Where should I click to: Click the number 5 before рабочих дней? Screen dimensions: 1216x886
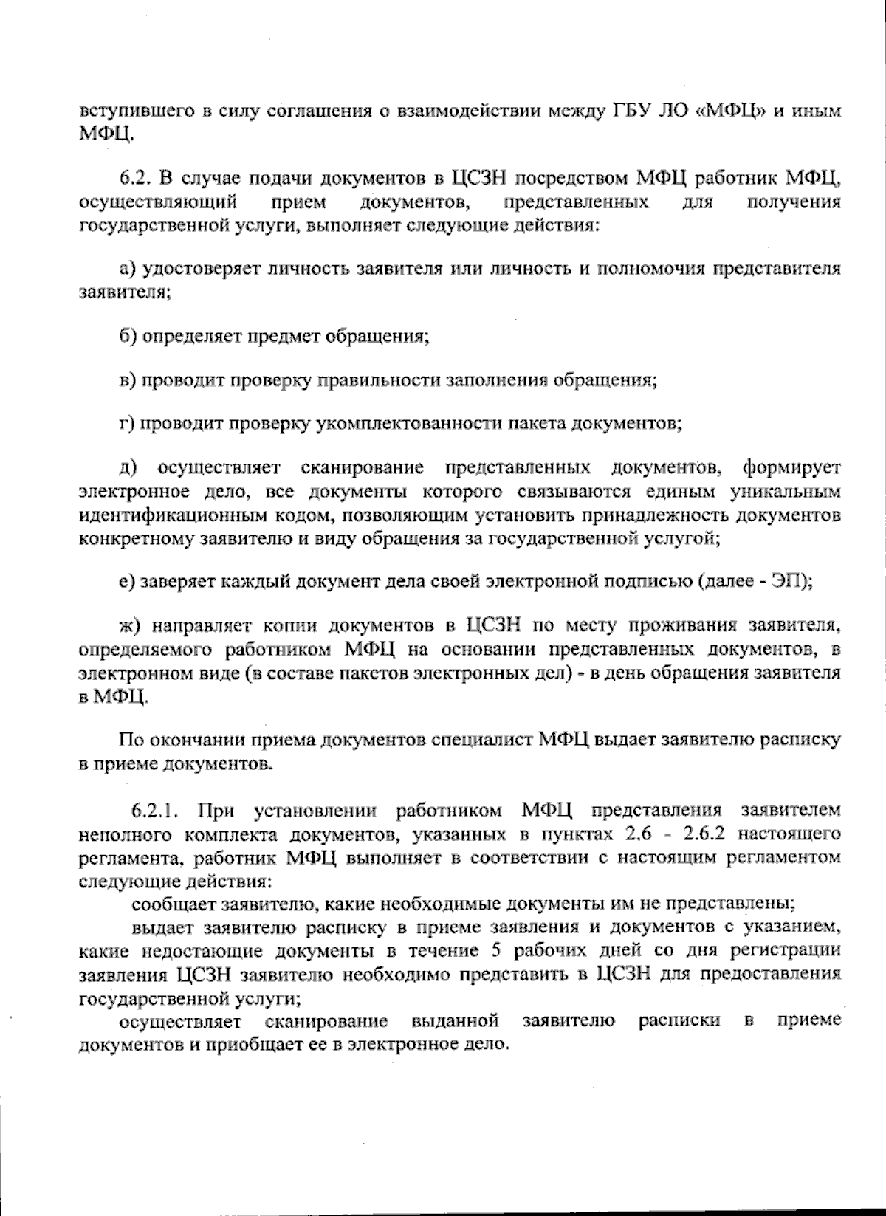[495, 949]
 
